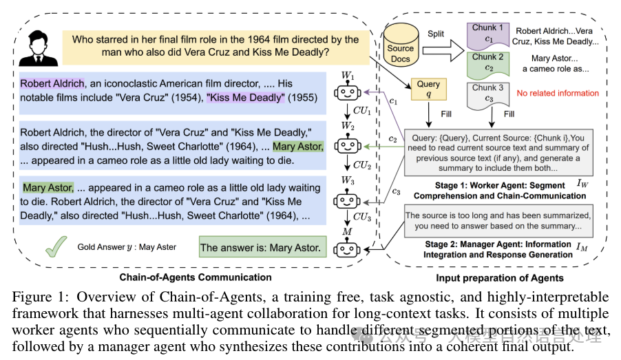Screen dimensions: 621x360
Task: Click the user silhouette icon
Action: [39, 49]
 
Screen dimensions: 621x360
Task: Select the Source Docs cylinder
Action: [401, 44]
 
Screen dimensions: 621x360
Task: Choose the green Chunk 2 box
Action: [488, 65]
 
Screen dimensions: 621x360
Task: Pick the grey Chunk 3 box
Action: [488, 95]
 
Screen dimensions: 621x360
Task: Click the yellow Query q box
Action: [428, 89]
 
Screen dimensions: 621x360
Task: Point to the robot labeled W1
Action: [347, 92]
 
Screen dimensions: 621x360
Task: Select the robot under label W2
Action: [347, 145]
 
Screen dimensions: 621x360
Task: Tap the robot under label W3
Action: [347, 200]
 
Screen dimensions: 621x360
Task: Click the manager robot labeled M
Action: [347, 248]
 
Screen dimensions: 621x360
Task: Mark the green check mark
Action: [56, 246]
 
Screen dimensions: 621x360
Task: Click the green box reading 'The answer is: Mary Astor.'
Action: [262, 247]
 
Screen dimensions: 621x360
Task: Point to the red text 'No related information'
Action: [558, 93]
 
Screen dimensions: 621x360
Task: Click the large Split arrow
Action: [443, 50]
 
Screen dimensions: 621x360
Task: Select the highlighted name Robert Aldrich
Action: [52, 83]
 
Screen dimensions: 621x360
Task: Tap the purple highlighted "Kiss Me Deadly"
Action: [246, 98]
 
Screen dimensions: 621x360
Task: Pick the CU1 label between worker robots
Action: [362, 111]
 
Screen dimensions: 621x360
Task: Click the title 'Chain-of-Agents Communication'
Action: [196, 277]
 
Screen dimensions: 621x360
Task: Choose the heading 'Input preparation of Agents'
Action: [499, 278]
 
